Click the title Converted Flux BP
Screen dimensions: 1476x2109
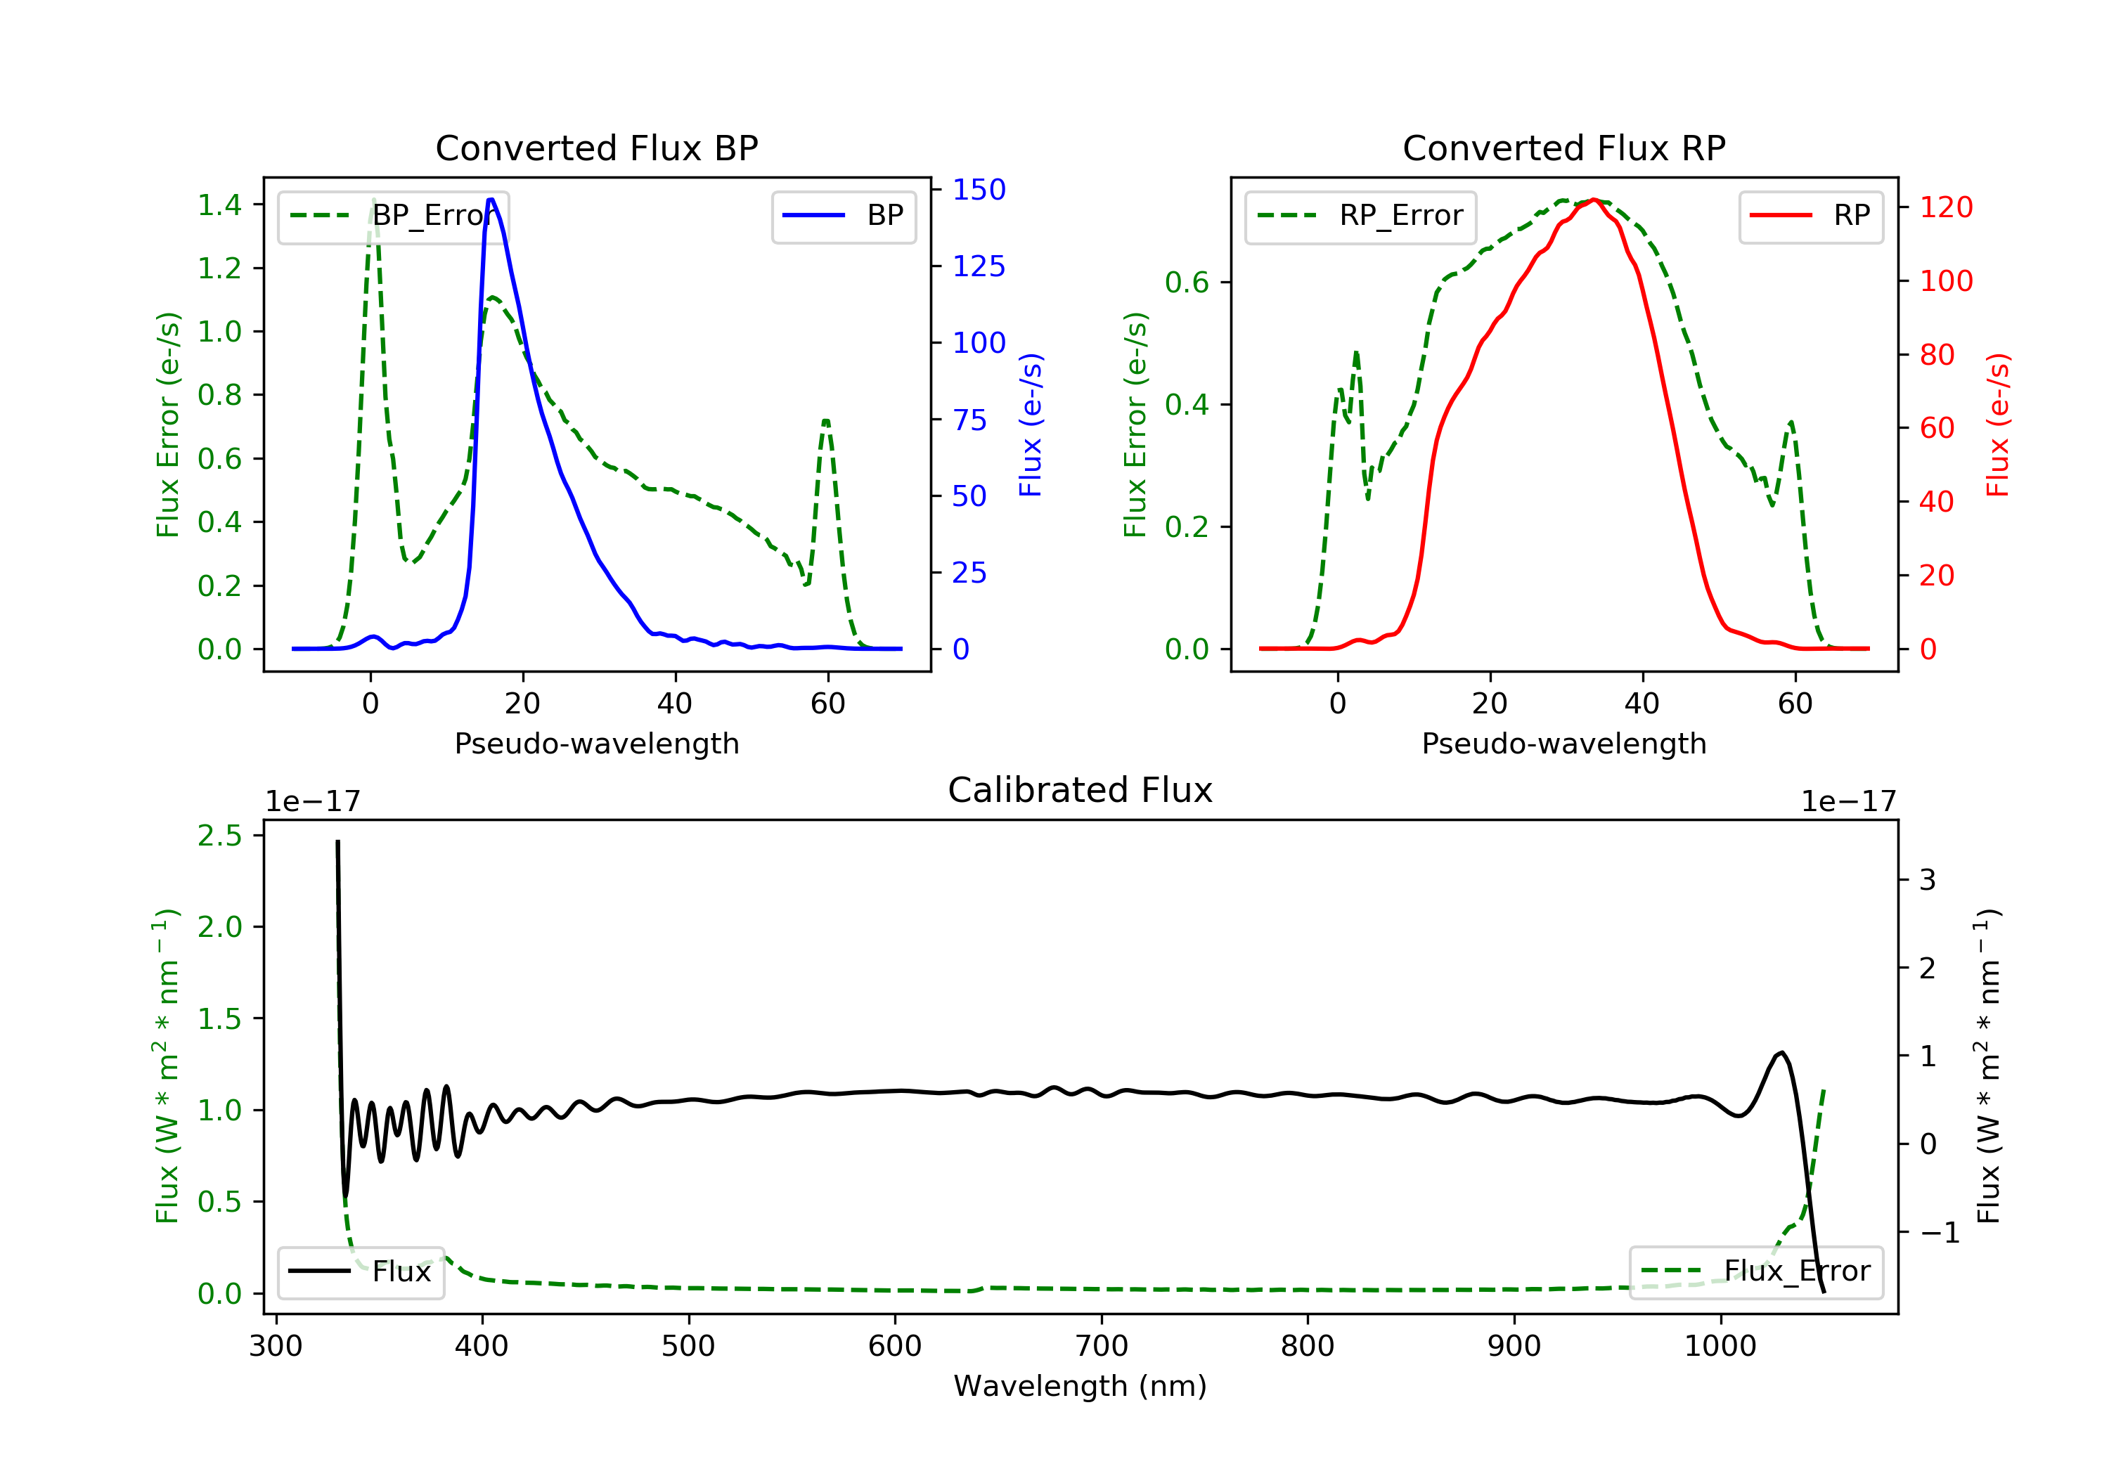pos(596,148)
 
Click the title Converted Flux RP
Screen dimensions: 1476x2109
pos(1563,148)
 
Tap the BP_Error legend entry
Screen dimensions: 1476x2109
pos(393,216)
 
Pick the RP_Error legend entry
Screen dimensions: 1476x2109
pos(1360,216)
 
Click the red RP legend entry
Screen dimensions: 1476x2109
pos(1810,216)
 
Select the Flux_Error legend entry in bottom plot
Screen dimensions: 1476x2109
pos(1755,1271)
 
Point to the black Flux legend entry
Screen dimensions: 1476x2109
pos(361,1271)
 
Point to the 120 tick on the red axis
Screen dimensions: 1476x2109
pos(1945,207)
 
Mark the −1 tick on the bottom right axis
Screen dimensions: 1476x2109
pos(1939,1233)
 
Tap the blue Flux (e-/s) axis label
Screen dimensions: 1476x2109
pos(1031,425)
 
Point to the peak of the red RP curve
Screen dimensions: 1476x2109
pos(1594,200)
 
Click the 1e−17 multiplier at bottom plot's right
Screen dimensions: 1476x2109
pos(1848,802)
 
